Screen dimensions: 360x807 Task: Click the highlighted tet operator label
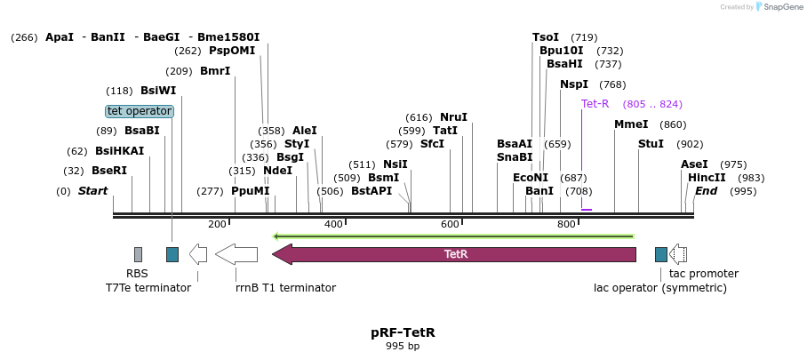tap(140, 111)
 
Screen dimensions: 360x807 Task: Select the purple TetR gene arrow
tap(454, 254)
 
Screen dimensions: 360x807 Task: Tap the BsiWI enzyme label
tap(158, 91)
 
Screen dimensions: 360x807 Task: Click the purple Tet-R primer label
tap(595, 104)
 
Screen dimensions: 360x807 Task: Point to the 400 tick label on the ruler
tap(333, 224)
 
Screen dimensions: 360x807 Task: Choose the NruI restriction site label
tap(453, 117)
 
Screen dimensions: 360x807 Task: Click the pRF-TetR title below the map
tap(403, 332)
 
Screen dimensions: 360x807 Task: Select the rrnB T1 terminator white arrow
tap(236, 254)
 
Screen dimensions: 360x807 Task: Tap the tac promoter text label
tap(704, 274)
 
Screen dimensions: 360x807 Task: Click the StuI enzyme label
tap(651, 144)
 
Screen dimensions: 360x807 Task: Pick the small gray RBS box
tap(138, 254)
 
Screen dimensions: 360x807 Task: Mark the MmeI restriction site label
tap(631, 124)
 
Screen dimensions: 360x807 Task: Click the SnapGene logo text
tap(780, 7)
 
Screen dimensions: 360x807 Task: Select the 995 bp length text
tap(403, 347)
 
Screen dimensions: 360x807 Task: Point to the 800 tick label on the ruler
tap(566, 224)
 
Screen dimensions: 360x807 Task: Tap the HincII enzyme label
tap(707, 178)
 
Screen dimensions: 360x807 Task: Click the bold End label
tap(706, 191)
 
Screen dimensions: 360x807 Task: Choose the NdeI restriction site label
tap(277, 171)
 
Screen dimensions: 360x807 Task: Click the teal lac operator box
tap(660, 254)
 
